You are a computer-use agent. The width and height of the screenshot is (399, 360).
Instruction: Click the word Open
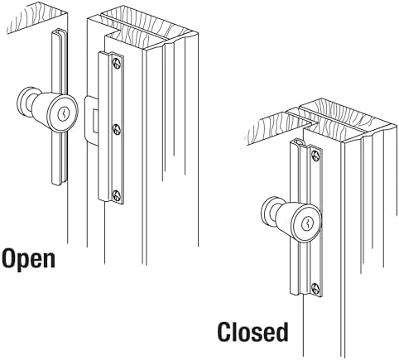coord(29,258)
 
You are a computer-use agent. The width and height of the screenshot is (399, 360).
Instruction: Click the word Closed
coord(252,332)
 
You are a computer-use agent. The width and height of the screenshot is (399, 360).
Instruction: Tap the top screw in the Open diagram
coord(117,64)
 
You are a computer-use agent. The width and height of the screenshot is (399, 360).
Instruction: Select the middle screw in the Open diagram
coord(117,129)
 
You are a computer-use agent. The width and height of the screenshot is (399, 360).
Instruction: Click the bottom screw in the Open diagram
coord(117,195)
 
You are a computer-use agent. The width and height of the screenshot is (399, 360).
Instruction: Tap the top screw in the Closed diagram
coord(315,156)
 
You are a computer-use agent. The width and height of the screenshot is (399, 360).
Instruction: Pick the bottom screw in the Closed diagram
coord(316,289)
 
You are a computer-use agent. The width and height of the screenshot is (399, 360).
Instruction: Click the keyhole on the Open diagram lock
coord(63,113)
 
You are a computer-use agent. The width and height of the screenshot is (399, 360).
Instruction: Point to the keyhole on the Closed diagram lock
coord(307,223)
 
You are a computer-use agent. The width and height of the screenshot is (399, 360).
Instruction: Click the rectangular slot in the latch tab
coord(95,120)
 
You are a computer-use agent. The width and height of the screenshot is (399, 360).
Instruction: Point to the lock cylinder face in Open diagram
coord(63,114)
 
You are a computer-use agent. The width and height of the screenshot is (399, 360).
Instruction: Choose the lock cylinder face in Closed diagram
coord(307,223)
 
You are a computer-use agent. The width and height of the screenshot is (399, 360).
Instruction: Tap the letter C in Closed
coord(224,332)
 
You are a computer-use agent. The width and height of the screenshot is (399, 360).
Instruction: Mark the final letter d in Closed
coord(281,332)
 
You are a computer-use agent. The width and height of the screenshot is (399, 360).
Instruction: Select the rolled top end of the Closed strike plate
coord(298,143)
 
